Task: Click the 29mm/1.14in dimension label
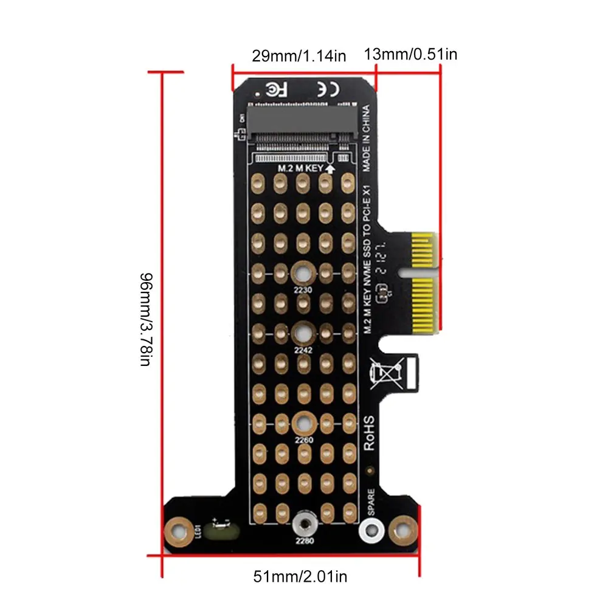click(298, 56)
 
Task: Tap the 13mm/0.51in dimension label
click(410, 53)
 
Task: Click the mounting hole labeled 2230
click(302, 272)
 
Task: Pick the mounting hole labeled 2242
click(302, 333)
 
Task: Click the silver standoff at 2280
click(303, 523)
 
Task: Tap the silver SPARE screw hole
click(370, 530)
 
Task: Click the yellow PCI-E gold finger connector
click(423, 283)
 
